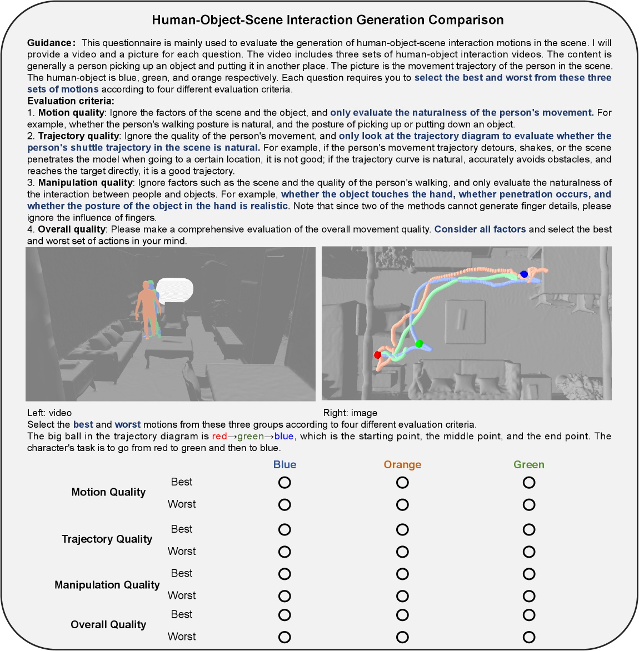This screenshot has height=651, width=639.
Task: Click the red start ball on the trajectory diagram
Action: (378, 354)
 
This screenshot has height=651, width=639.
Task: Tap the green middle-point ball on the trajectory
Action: (419, 344)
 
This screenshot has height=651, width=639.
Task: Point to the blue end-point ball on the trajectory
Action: (524, 274)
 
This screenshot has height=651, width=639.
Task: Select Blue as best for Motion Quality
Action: (284, 482)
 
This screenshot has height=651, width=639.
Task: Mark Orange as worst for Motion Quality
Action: (402, 504)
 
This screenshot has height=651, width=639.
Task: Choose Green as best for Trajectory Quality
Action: (529, 529)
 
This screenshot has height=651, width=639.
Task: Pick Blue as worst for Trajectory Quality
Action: (284, 552)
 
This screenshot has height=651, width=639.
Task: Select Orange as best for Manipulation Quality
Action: (402, 574)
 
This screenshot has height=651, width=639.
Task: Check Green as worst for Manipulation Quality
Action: (529, 596)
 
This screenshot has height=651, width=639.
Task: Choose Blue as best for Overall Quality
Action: (284, 615)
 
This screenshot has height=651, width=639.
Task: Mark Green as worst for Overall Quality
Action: (529, 637)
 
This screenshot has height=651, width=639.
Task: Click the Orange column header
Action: (402, 464)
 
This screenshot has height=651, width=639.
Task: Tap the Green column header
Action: (529, 464)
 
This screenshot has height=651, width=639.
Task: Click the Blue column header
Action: (284, 464)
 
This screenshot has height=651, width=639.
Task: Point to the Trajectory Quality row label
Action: (107, 539)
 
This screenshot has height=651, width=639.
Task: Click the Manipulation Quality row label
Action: (107, 584)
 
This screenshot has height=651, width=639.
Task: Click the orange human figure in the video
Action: (147, 308)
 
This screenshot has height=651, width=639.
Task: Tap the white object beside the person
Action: (175, 289)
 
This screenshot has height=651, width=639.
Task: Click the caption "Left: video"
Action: (49, 413)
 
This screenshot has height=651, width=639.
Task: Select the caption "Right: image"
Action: (350, 413)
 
